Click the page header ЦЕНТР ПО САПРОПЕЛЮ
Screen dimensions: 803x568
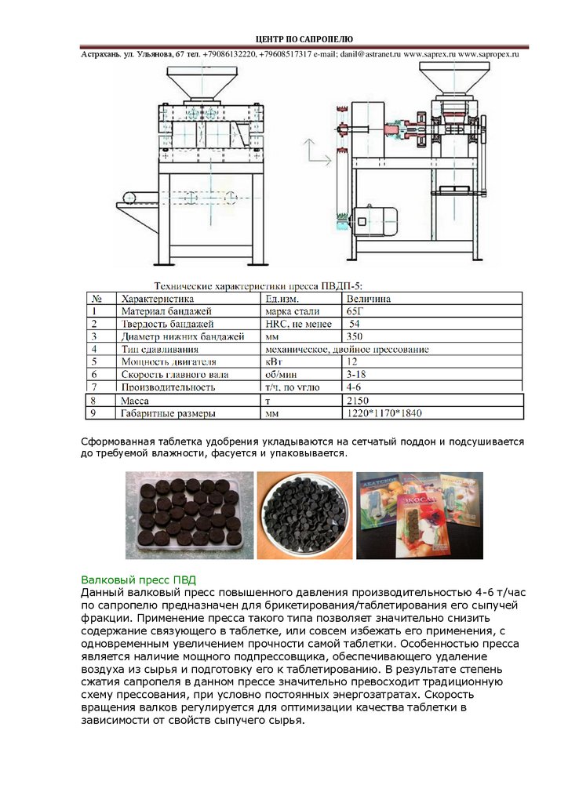305,39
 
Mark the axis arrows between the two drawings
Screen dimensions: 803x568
314,153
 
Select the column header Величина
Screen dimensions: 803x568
369,299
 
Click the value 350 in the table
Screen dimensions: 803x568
355,336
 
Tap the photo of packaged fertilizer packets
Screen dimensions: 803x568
420,516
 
